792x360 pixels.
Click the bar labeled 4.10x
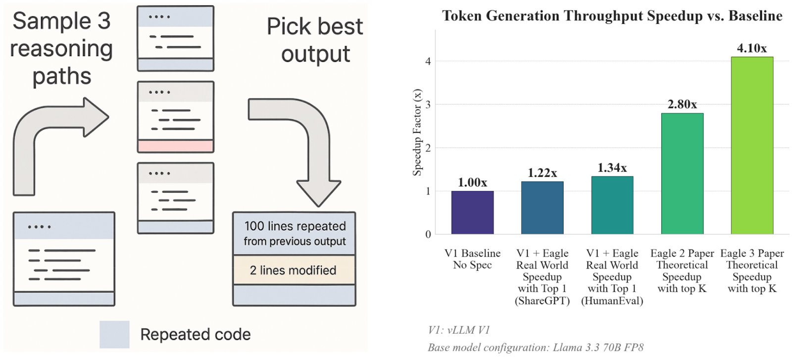(x=752, y=146)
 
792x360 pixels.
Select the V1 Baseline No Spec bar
(x=472, y=212)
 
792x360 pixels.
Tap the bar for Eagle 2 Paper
(x=683, y=174)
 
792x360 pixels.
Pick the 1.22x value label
(x=543, y=173)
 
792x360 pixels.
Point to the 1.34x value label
(x=612, y=168)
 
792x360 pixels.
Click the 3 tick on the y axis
(x=428, y=104)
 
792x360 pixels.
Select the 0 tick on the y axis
(x=428, y=234)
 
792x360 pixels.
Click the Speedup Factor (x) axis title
(x=418, y=132)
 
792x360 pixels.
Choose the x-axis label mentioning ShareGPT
(x=543, y=277)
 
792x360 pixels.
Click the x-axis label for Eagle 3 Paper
(x=752, y=271)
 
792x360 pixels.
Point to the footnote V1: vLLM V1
(x=459, y=330)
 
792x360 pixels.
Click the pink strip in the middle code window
(x=176, y=146)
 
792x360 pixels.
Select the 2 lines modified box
(x=294, y=270)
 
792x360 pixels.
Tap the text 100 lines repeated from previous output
(x=295, y=234)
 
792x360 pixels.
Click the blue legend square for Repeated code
(x=114, y=335)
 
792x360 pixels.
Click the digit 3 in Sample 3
(x=103, y=21)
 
